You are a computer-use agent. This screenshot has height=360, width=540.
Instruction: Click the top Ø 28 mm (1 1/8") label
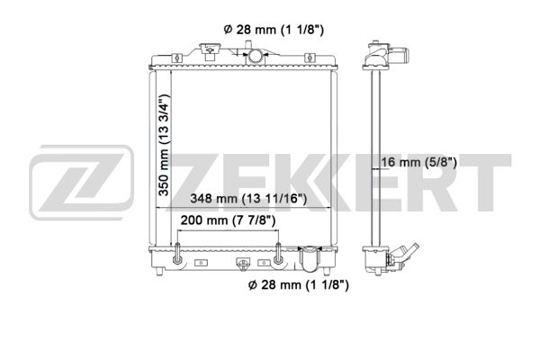[x=274, y=30]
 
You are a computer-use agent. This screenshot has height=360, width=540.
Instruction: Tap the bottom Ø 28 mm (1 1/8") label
[x=298, y=284]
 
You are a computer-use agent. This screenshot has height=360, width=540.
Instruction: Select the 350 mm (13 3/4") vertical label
[x=164, y=145]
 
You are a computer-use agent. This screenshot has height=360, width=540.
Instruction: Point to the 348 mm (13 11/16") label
[x=248, y=198]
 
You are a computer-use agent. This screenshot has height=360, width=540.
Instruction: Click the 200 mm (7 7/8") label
[x=228, y=220]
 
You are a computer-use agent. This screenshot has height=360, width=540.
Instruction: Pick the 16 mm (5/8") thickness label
[x=418, y=162]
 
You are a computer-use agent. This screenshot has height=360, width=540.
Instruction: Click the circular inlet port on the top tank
[x=256, y=56]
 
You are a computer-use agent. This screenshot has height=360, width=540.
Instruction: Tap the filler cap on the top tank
[x=210, y=49]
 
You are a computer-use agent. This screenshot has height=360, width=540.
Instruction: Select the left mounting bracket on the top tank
[x=176, y=58]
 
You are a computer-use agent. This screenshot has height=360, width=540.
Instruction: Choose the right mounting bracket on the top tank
[x=310, y=58]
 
